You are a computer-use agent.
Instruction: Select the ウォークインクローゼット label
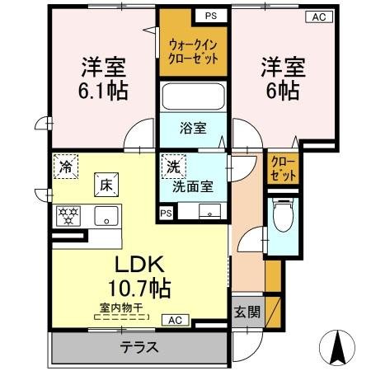[194, 54]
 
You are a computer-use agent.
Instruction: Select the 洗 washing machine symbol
[172, 165]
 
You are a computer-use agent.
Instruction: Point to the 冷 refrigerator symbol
[66, 166]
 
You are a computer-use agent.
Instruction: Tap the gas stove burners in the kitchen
[68, 217]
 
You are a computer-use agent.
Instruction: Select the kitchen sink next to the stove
[106, 217]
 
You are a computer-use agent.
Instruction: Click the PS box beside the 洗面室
[167, 213]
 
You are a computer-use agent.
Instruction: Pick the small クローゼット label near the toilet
[280, 168]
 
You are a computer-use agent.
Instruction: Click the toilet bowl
[280, 217]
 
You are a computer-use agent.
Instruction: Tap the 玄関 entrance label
[247, 312]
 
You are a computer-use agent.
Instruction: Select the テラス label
[141, 347]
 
